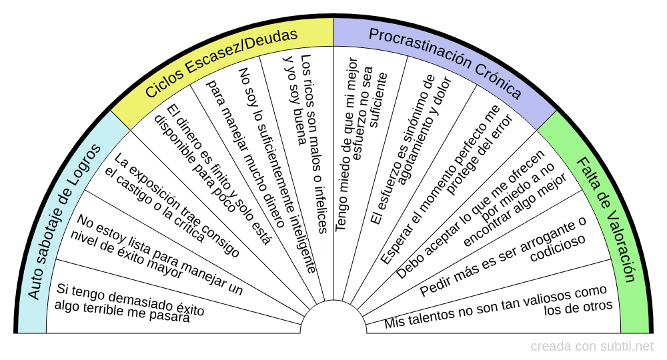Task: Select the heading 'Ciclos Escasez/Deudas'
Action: pyautogui.click(x=221, y=63)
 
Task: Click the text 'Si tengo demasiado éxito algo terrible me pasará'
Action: pyautogui.click(x=131, y=303)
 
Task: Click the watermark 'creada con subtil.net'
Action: pyautogui.click(x=592, y=347)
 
